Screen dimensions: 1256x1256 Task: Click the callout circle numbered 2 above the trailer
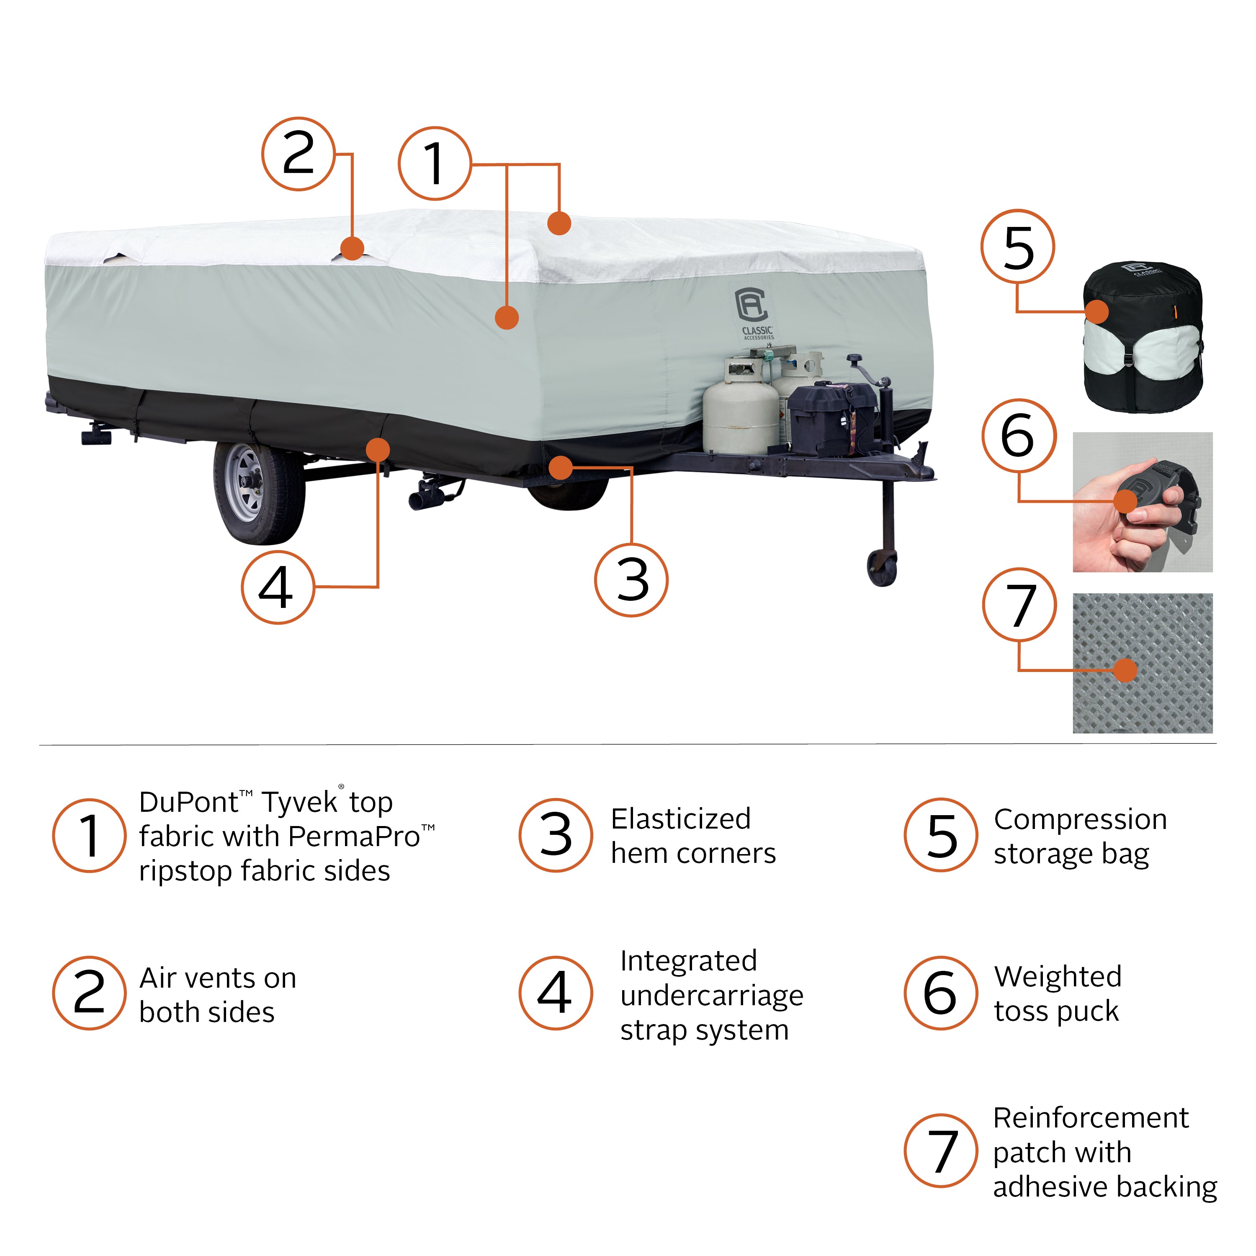(299, 154)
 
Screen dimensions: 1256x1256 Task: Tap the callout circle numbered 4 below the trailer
(278, 587)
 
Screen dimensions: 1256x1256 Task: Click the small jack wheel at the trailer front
(882, 568)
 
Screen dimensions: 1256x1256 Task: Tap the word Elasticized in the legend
(681, 819)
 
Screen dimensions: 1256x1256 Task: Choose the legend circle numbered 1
(89, 835)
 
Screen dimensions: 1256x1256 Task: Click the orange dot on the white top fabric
(559, 223)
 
